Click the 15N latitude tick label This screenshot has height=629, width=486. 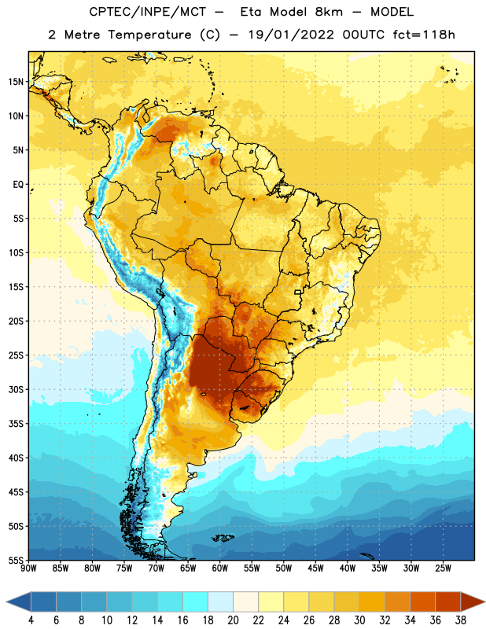click(16, 82)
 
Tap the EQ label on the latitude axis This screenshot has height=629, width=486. click(18, 185)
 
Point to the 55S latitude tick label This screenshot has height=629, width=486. click(16, 560)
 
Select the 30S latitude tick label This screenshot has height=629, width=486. click(16, 389)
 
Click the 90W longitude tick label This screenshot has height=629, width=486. click(28, 568)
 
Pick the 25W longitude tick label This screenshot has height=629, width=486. click(443, 568)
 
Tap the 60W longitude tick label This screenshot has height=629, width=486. click(220, 568)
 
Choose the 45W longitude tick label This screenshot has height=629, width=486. click(315, 568)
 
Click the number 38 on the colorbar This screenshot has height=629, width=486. click(460, 620)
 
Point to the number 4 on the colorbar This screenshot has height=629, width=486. click(31, 620)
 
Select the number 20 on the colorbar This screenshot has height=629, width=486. click(233, 620)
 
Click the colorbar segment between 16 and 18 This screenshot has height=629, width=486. click(196, 601)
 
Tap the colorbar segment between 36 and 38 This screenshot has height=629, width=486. click(448, 601)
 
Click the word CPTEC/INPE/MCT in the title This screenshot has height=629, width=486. click(147, 12)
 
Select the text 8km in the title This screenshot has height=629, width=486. click(329, 12)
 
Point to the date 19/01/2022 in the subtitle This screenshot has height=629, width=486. click(291, 35)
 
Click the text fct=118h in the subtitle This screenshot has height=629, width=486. click(424, 35)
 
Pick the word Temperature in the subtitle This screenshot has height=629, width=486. click(149, 35)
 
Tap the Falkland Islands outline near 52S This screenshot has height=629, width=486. click(223, 538)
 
